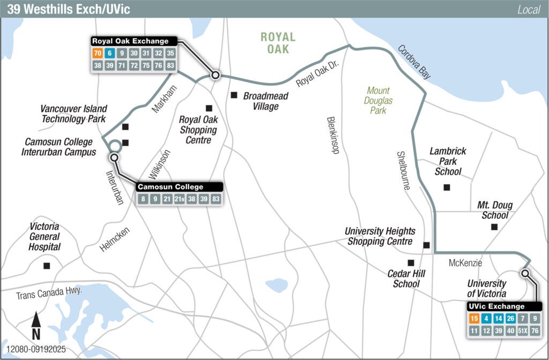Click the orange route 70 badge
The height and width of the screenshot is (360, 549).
click(98, 53)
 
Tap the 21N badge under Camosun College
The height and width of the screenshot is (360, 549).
click(180, 199)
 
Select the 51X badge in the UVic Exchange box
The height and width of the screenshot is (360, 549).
click(521, 331)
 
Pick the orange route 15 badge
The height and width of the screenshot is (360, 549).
click(474, 319)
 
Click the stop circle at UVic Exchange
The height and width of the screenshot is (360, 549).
click(525, 274)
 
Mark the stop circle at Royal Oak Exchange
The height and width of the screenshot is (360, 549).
click(216, 75)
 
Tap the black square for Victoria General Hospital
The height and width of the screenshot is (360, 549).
click(47, 266)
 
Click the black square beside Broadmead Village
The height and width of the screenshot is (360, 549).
click(234, 95)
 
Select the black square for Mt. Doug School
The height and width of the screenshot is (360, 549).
click(494, 227)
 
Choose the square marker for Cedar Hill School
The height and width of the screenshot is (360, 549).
click(411, 262)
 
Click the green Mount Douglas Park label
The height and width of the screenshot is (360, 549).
click(379, 100)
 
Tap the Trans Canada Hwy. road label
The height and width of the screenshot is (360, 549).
click(49, 295)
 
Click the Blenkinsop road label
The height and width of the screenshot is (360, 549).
click(333, 135)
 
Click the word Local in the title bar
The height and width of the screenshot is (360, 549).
click(529, 10)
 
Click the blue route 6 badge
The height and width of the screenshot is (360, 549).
click(110, 53)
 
